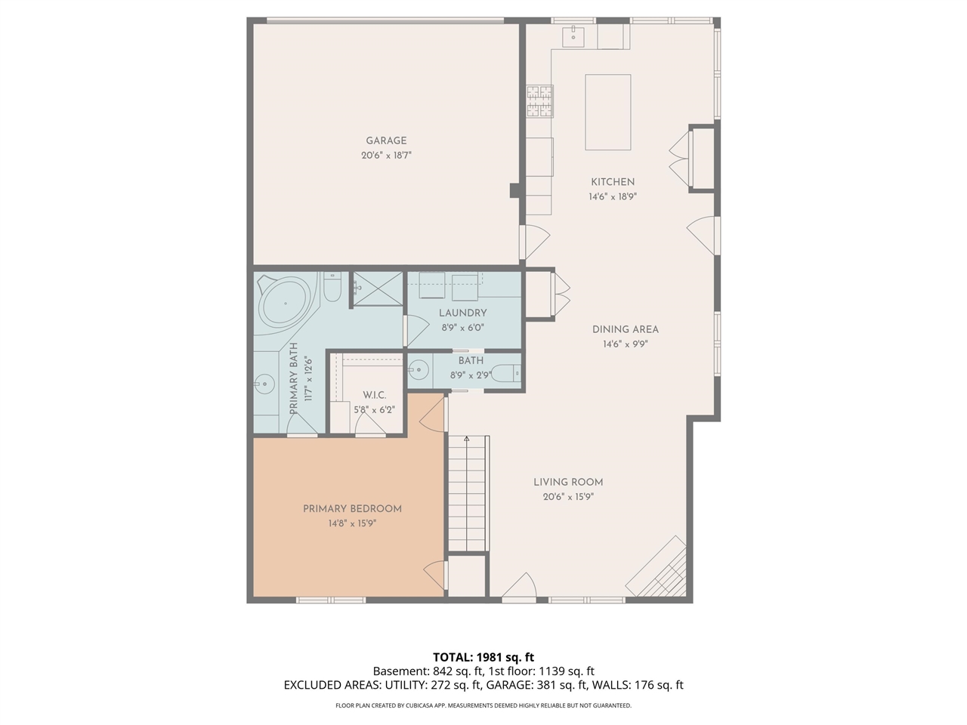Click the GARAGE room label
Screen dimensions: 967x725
pos(386,141)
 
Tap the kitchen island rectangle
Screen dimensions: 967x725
pos(607,113)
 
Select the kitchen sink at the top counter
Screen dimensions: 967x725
pos(573,37)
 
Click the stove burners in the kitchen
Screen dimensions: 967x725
pos(539,101)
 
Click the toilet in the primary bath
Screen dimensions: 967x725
pos(332,287)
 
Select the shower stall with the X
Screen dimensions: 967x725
pos(378,288)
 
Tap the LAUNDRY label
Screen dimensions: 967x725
pos(462,313)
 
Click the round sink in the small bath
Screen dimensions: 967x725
pos(418,369)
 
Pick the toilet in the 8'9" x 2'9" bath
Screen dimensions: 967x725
pos(506,374)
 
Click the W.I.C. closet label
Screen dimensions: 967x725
pos(375,395)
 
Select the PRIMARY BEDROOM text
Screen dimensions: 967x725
pos(353,509)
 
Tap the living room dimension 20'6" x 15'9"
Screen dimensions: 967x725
pos(568,497)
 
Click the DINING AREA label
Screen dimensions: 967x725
pos(625,329)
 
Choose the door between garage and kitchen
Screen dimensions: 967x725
pos(534,242)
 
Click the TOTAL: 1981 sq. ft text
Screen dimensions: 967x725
pos(483,657)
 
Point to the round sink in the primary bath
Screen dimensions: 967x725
pos(264,384)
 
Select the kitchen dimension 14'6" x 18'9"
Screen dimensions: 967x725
pos(613,197)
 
